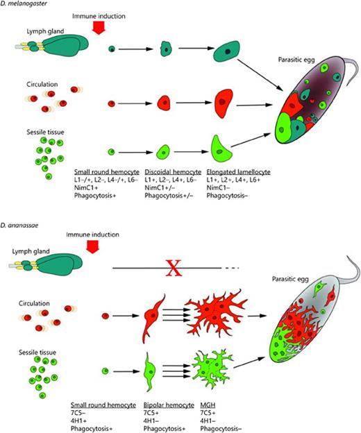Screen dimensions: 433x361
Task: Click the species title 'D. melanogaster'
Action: pos(25,5)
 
